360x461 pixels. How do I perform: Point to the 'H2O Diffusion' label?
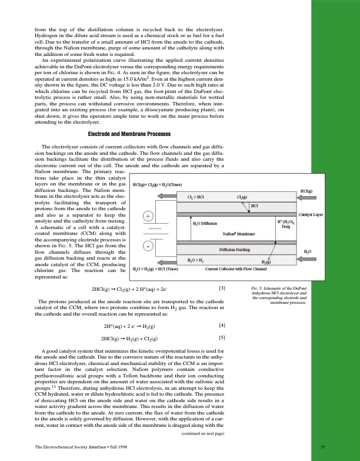[x=205, y=224]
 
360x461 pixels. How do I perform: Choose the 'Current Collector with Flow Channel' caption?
[x=236, y=269]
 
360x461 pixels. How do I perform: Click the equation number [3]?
[x=222, y=288]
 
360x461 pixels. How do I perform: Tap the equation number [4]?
[x=222, y=325]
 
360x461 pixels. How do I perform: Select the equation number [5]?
[x=222, y=338]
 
